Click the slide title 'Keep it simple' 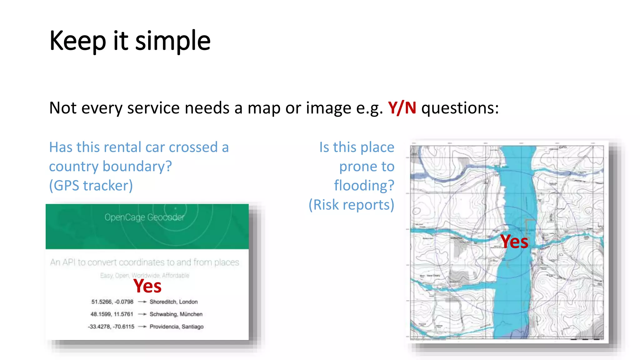[130, 41]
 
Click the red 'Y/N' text [402, 108]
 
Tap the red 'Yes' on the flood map [514, 242]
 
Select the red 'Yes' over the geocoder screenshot [147, 286]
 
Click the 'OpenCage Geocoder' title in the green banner [144, 217]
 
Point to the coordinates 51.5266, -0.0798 [112, 302]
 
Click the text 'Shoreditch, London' [173, 302]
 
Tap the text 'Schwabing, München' [176, 314]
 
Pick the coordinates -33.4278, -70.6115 [111, 327]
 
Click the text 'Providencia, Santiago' [177, 327]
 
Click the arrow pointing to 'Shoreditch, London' [142, 302]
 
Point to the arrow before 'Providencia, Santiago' [142, 327]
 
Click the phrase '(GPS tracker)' [91, 186]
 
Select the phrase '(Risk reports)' [351, 205]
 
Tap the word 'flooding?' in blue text [364, 186]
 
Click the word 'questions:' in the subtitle [460, 108]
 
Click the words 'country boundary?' [110, 167]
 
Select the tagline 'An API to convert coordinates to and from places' [144, 262]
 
